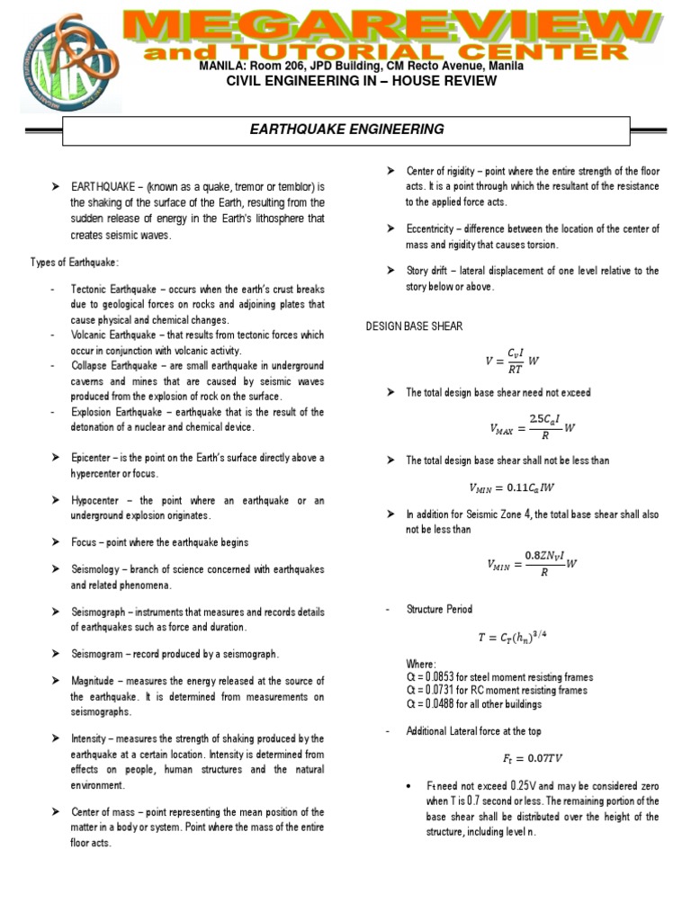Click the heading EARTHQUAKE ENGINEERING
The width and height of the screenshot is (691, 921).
point(347,130)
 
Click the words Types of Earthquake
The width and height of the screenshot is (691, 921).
point(75,262)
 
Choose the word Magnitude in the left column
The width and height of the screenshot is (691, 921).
point(97,681)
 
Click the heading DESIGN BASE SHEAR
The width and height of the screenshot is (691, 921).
point(414,326)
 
